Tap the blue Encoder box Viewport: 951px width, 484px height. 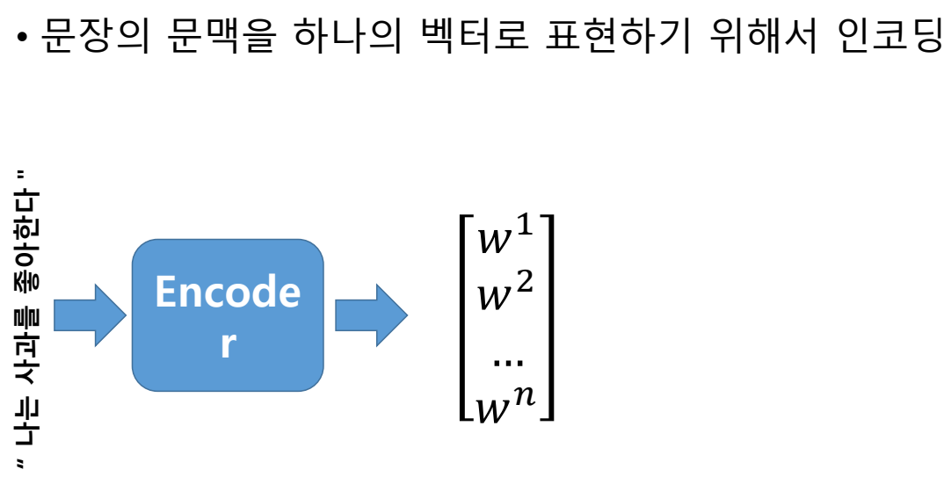click(x=228, y=314)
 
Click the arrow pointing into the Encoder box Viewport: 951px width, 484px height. click(x=89, y=314)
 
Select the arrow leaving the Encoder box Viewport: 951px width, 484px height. click(x=370, y=314)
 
